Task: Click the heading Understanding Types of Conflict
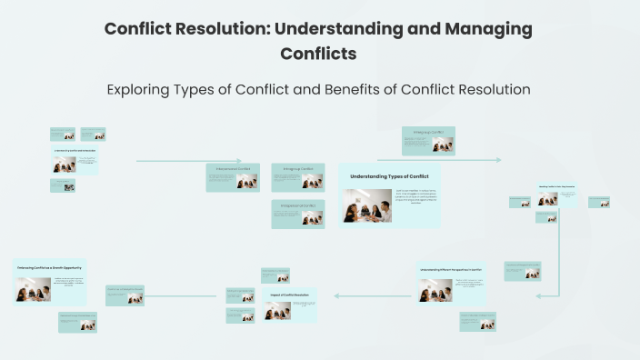pyautogui.click(x=389, y=175)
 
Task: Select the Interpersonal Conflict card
pyautogui.click(x=233, y=177)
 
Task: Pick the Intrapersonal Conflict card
pyautogui.click(x=297, y=214)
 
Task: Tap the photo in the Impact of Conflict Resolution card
pyautogui.click(x=276, y=311)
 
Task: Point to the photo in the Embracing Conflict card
pyautogui.click(x=33, y=290)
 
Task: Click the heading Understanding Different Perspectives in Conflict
pyautogui.click(x=451, y=270)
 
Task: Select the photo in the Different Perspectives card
pyautogui.click(x=435, y=290)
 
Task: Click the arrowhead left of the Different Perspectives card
pyautogui.click(x=338, y=295)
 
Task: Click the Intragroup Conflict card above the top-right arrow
pyautogui.click(x=428, y=141)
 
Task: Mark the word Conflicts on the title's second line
pyautogui.click(x=318, y=54)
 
